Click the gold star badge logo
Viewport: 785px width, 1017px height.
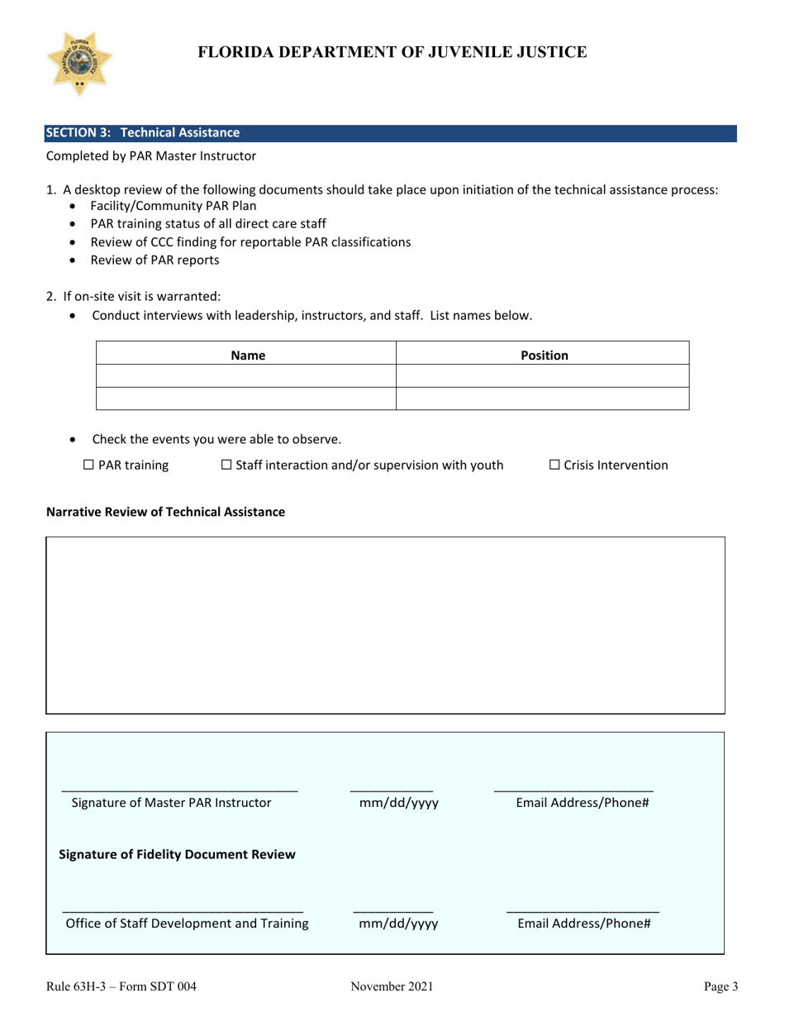pyautogui.click(x=79, y=64)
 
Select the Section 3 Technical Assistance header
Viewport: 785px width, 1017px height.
pyautogui.click(x=143, y=132)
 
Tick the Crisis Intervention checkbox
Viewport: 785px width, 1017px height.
pyautogui.click(x=554, y=466)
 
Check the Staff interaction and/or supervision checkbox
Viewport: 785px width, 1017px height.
pyautogui.click(x=226, y=466)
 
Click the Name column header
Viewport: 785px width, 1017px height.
pyautogui.click(x=247, y=356)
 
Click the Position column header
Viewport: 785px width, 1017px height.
pyautogui.click(x=543, y=356)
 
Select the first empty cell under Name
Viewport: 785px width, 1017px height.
pyautogui.click(x=247, y=377)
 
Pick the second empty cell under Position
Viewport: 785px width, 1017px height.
pyautogui.click(x=543, y=399)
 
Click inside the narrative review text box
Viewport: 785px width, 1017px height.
pyautogui.click(x=385, y=624)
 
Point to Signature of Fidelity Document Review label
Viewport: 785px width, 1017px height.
pyautogui.click(x=177, y=854)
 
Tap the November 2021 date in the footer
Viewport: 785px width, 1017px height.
pyautogui.click(x=392, y=986)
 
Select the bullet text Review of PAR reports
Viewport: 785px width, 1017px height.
pyautogui.click(x=155, y=260)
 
